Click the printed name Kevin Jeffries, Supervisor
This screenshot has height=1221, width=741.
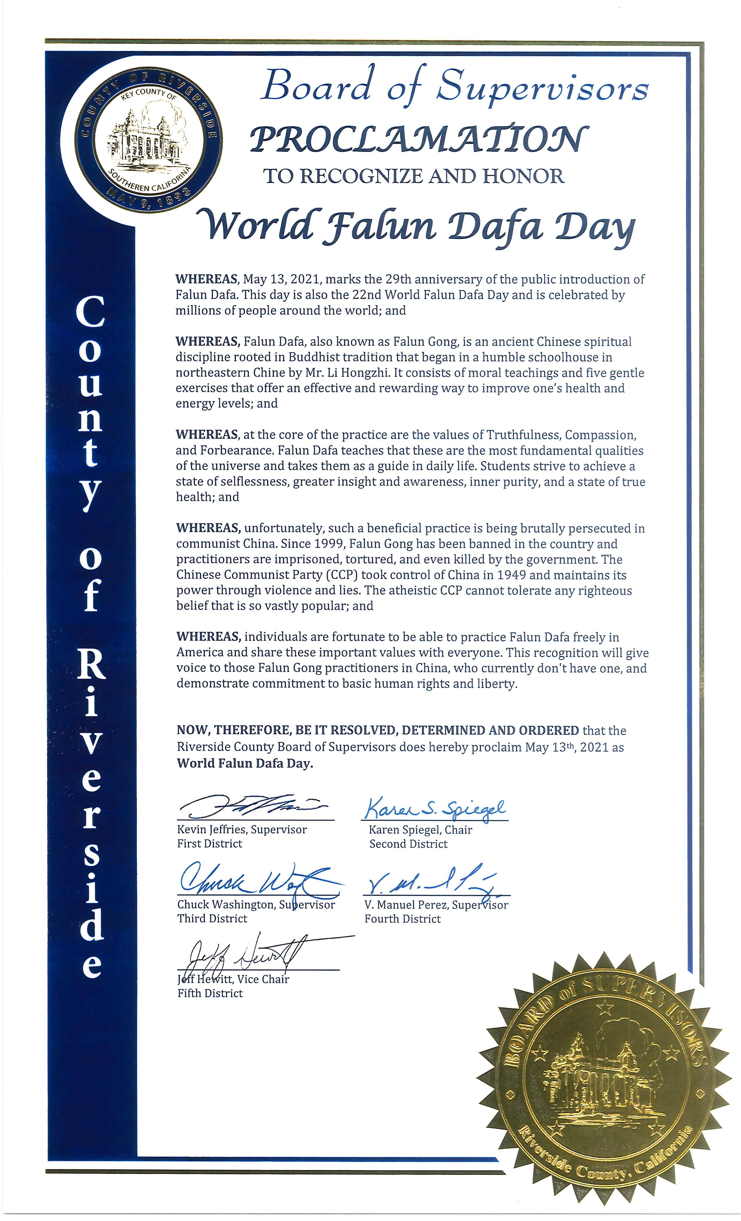coord(242,829)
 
